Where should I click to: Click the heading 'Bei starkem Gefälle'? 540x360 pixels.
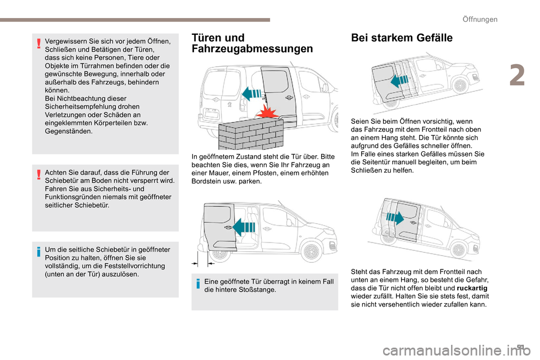pos(402,38)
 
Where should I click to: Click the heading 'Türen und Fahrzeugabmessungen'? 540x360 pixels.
pos(252,43)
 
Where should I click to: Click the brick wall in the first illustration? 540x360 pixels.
pos(249,133)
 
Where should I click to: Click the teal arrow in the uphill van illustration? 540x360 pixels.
pos(398,80)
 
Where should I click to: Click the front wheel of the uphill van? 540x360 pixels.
pos(461,85)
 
